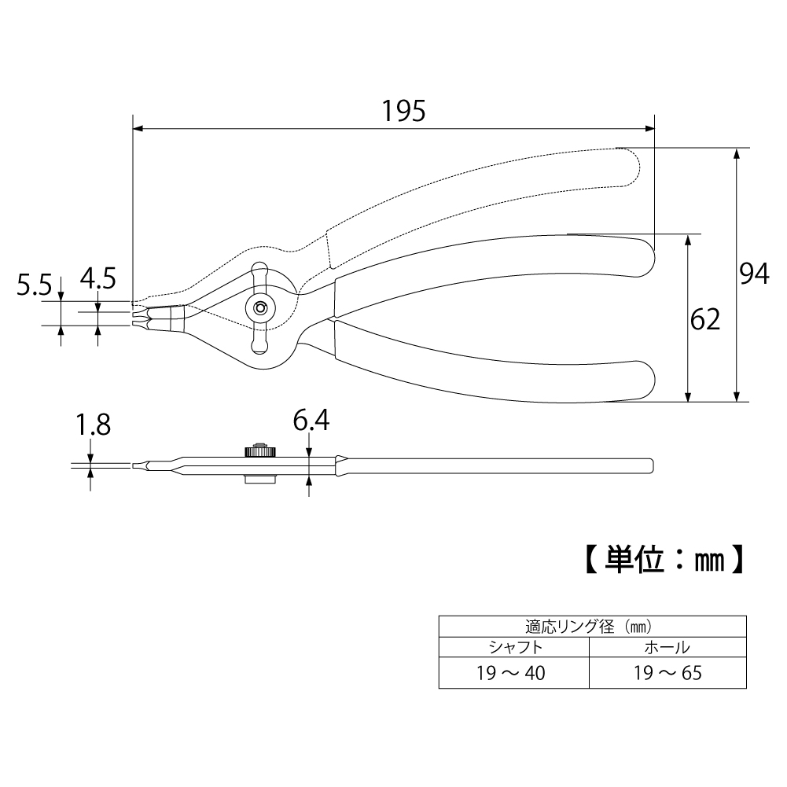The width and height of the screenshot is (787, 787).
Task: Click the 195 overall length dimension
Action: (x=403, y=111)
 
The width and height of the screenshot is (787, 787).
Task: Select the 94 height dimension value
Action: (x=755, y=274)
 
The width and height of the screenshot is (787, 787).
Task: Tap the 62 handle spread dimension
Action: (x=704, y=319)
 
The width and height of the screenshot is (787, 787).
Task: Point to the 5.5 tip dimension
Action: (x=34, y=285)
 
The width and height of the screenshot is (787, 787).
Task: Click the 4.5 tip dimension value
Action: (x=97, y=278)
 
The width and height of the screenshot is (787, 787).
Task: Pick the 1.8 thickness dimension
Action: (x=93, y=425)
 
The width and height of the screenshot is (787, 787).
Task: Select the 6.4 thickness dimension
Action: (x=311, y=421)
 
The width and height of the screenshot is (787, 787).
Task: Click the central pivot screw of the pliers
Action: (x=260, y=307)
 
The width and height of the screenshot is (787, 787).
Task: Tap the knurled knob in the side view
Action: (x=259, y=451)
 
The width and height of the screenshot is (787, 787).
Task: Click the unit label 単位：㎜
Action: (x=665, y=560)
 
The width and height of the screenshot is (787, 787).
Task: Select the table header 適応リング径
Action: (x=570, y=627)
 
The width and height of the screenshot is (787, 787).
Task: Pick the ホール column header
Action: (x=667, y=648)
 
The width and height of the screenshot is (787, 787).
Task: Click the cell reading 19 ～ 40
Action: (x=511, y=673)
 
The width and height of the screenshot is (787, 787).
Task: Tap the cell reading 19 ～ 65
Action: (x=667, y=673)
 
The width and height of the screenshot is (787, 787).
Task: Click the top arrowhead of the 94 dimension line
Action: (x=737, y=153)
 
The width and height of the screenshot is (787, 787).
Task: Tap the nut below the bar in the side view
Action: (x=259, y=480)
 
